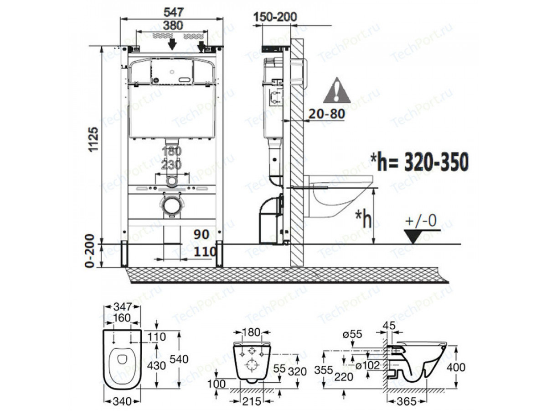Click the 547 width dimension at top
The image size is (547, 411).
pyautogui.click(x=174, y=12)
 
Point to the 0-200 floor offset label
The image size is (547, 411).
pyautogui.click(x=90, y=251)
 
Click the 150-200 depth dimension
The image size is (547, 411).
pyautogui.click(x=275, y=17)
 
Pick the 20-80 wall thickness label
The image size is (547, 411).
pyautogui.click(x=327, y=114)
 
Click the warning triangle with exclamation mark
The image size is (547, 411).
pyautogui.click(x=337, y=90)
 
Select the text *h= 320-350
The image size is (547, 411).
pyautogui.click(x=419, y=162)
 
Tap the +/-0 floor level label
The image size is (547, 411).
pyautogui.click(x=421, y=221)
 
